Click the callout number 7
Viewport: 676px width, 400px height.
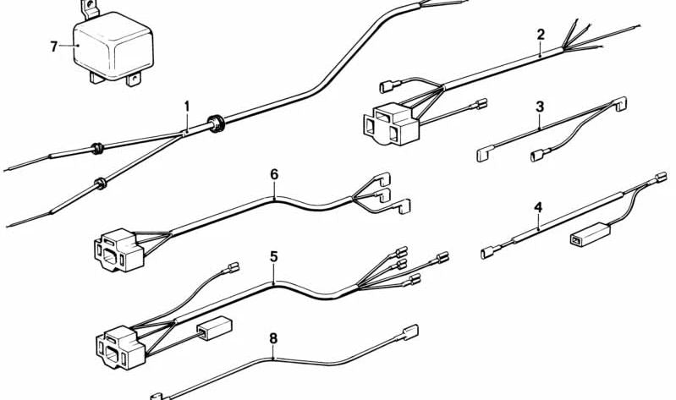54,47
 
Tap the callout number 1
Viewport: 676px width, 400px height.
187,107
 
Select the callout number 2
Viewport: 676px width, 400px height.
541,35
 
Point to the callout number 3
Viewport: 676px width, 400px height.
540,107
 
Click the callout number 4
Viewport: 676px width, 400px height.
538,208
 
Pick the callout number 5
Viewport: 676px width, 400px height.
274,257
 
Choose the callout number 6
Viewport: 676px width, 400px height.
274,174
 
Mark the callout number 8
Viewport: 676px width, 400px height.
273,339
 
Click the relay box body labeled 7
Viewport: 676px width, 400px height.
113,47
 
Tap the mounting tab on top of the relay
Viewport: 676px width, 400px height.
91,8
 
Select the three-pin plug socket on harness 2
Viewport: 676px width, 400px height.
391,123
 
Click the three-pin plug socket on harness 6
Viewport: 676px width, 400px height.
118,250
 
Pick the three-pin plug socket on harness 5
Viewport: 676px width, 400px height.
120,347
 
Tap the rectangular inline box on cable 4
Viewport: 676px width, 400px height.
591,234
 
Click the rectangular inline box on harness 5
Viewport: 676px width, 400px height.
214,328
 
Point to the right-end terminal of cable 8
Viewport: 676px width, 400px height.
409,332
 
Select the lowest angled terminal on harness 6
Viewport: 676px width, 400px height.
404,206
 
